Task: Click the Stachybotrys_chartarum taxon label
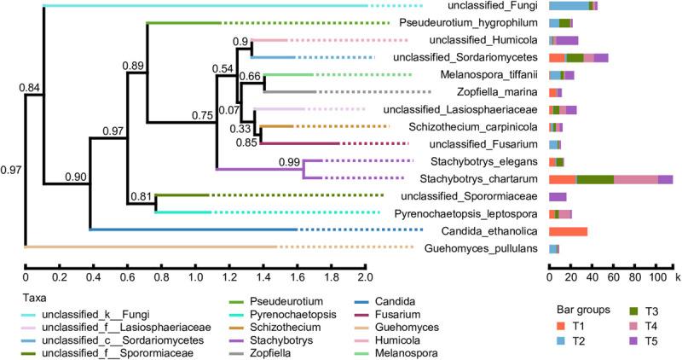[486, 179]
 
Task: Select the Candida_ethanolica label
[492, 231]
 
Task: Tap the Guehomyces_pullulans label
[488, 248]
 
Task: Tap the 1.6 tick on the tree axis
[297, 278]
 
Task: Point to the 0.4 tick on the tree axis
[93, 278]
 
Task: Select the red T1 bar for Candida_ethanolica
[568, 231]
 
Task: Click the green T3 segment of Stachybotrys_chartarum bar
[595, 179]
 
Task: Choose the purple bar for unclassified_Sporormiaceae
[558, 196]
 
